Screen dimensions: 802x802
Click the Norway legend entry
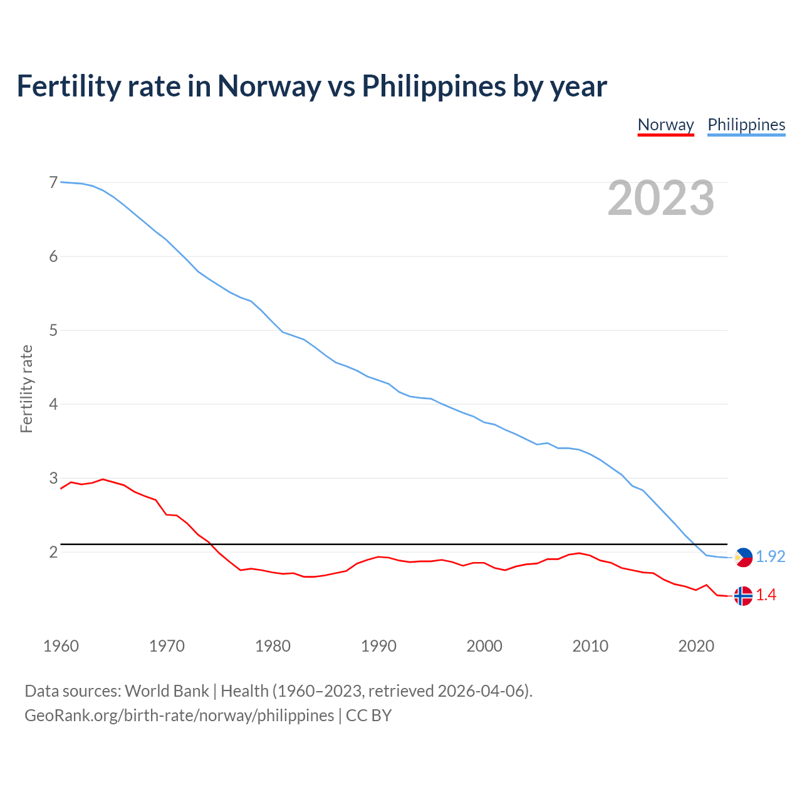coord(665,125)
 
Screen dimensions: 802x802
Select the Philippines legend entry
coord(746,125)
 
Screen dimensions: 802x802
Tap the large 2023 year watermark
coord(660,198)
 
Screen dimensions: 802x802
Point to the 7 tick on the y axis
coord(53,182)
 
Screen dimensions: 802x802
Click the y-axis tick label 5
coord(53,330)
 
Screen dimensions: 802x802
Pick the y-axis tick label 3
coord(53,478)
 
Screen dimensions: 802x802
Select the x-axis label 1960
coord(61,646)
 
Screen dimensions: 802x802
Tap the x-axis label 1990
coord(378,646)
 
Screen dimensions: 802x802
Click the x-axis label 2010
coord(590,646)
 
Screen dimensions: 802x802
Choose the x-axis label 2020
coord(696,646)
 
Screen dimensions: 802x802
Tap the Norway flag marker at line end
coord(743,596)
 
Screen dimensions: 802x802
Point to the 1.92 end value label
coord(770,556)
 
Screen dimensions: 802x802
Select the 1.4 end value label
coord(766,595)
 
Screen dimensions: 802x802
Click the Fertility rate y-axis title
coord(26,388)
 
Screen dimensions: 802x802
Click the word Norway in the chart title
coord(269,86)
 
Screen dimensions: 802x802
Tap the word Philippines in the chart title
coord(434,86)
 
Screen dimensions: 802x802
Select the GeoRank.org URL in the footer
coord(179,716)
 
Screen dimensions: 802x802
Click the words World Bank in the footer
coord(167,691)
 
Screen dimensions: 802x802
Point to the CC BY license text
coord(368,716)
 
